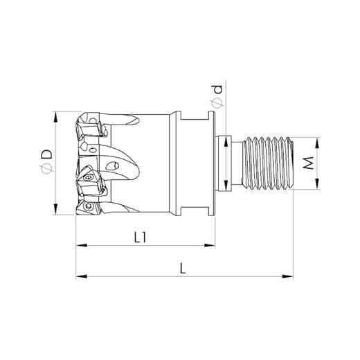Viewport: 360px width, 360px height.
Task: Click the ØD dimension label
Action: pyautogui.click(x=46, y=163)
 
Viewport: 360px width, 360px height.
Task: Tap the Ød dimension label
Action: pyautogui.click(x=217, y=96)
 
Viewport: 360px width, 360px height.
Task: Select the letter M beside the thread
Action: pyautogui.click(x=308, y=163)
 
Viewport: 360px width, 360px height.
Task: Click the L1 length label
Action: pyautogui.click(x=141, y=237)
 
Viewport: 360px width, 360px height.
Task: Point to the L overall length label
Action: pyautogui.click(x=183, y=269)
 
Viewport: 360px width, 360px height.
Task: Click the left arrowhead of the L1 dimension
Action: pyautogui.click(x=82, y=245)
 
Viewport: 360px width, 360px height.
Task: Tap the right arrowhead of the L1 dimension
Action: pyautogui.click(x=209, y=245)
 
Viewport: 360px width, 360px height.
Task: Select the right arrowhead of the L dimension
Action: pyautogui.click(x=287, y=276)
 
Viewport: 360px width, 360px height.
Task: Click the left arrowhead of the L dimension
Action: pyautogui.click(x=82, y=276)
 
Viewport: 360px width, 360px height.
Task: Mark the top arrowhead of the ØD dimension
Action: pyautogui.click(x=55, y=117)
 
